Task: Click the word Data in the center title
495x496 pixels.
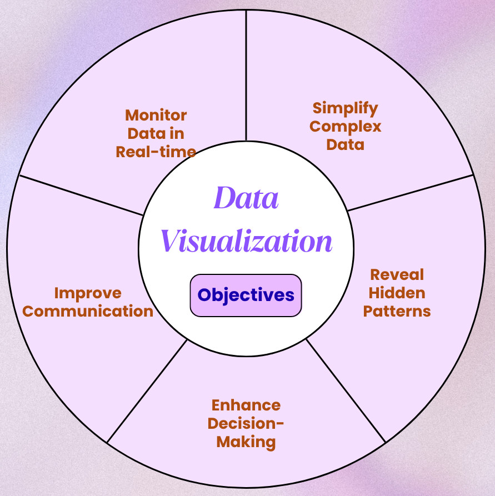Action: (x=246, y=198)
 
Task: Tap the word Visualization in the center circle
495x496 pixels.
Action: (x=246, y=242)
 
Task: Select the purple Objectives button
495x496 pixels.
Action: (x=246, y=295)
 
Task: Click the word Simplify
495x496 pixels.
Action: (x=345, y=108)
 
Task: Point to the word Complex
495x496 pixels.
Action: (x=345, y=126)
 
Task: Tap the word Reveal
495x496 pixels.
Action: (x=397, y=274)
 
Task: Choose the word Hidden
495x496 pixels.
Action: (x=397, y=293)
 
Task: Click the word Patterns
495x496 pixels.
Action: (x=397, y=311)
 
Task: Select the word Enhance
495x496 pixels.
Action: (x=246, y=405)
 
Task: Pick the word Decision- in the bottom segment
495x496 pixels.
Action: (x=246, y=423)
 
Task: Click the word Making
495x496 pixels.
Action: (x=246, y=442)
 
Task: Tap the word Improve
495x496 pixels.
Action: (x=88, y=293)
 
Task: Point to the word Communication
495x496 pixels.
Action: (x=88, y=311)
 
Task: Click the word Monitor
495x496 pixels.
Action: (x=156, y=115)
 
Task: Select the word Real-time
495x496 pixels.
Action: (x=156, y=152)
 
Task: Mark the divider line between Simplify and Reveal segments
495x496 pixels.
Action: (x=411, y=192)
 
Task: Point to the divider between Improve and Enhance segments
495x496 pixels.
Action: (x=147, y=391)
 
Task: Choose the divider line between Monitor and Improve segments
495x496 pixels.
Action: (x=81, y=195)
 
